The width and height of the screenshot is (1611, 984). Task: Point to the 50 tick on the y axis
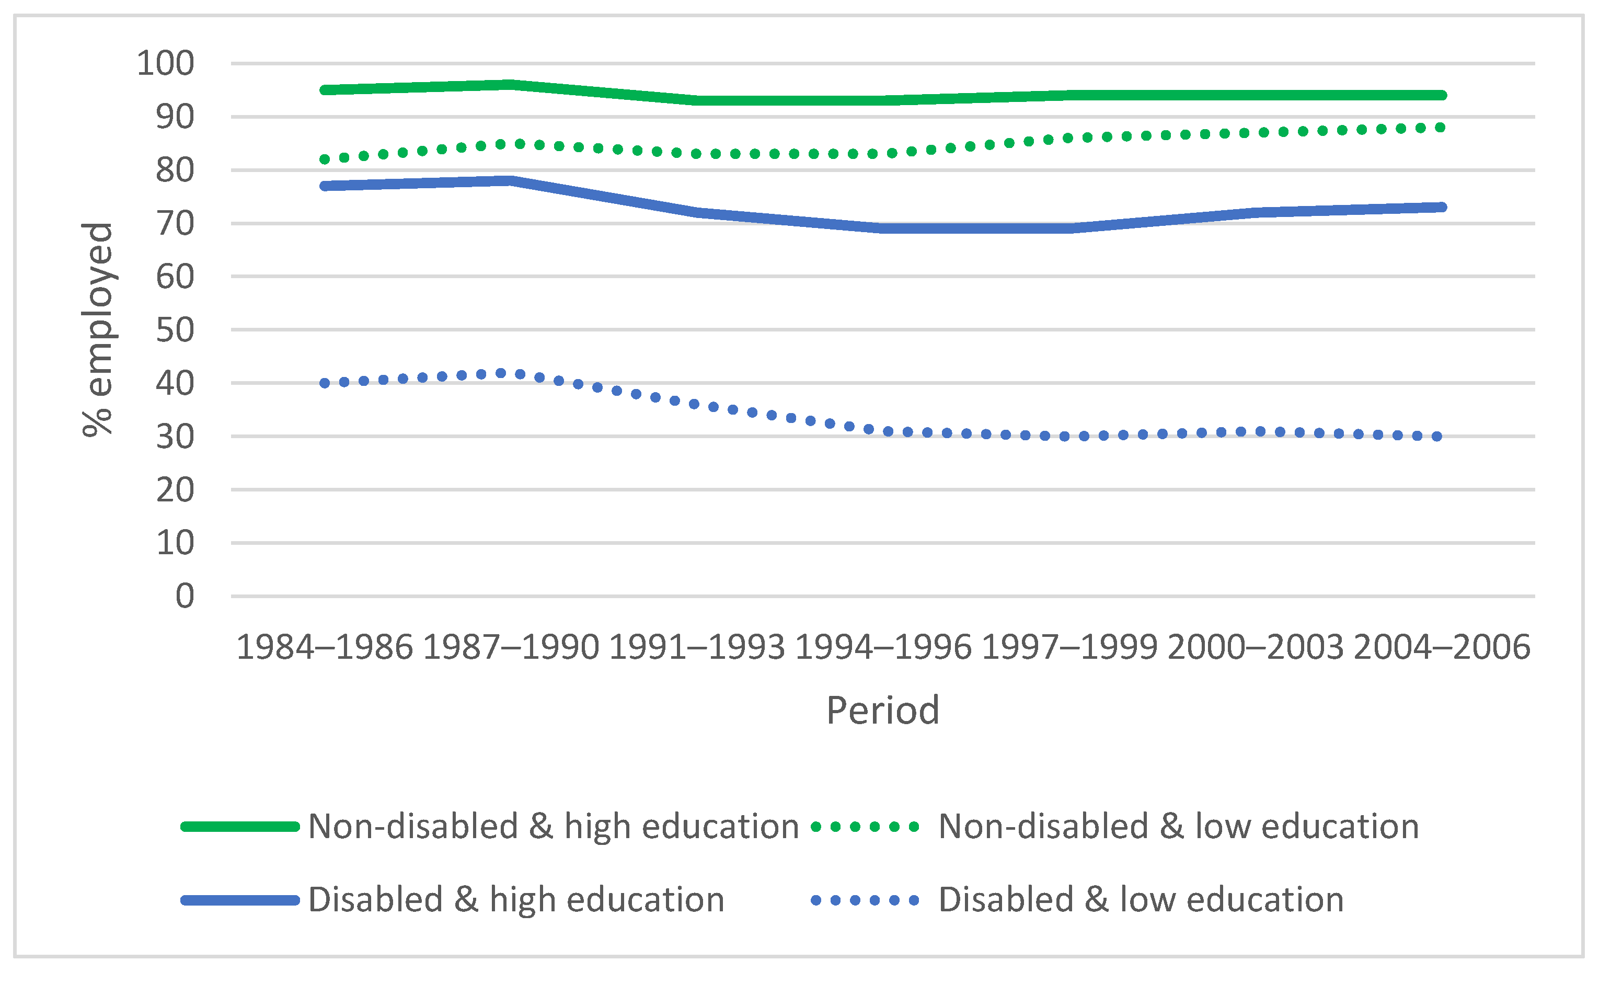coord(175,330)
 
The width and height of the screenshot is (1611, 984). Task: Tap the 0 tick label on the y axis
coord(185,596)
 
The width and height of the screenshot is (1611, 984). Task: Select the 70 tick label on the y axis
coord(175,224)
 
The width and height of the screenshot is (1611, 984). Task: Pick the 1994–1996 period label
coord(883,647)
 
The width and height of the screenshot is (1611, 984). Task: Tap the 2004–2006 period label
coord(1442,647)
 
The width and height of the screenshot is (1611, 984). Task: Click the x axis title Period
coord(883,711)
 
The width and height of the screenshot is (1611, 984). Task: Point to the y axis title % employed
coord(98,329)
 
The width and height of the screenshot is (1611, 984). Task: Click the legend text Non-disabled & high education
coord(553,827)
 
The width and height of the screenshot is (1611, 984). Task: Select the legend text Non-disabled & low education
coord(1178,827)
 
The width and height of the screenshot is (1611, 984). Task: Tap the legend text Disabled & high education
coord(516,900)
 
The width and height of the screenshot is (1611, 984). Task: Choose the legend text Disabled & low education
coord(1141,900)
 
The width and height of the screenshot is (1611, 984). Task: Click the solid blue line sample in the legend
coord(240,901)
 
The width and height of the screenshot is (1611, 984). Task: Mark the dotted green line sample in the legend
coord(865,827)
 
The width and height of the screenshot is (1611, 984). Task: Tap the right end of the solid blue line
coord(1442,207)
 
